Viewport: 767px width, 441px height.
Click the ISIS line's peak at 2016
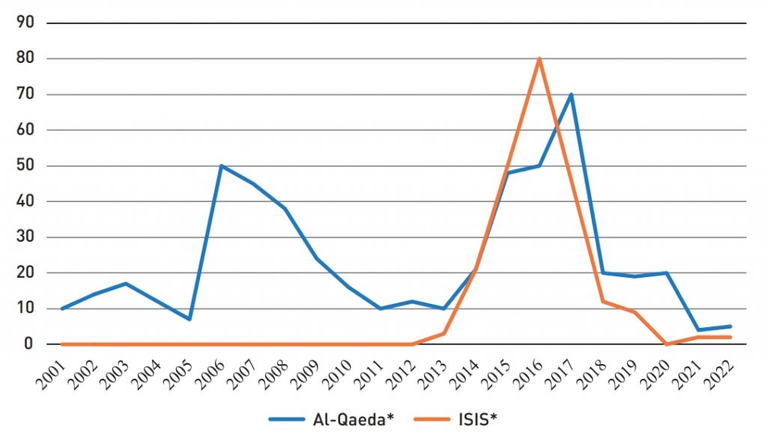tap(539, 58)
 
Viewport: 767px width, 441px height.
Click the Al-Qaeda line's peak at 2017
tap(572, 94)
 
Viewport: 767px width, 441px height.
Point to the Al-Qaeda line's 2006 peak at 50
tap(221, 165)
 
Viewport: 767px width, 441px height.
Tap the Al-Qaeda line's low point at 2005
tap(190, 319)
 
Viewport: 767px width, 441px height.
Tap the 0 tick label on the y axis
tap(28, 344)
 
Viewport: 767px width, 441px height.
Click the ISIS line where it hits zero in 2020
tap(667, 344)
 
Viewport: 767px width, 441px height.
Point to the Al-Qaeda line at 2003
tap(126, 284)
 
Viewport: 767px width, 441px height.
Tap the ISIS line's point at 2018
tap(603, 302)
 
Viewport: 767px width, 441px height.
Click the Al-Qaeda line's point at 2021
tap(698, 330)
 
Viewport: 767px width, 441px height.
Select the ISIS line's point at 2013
tap(444, 333)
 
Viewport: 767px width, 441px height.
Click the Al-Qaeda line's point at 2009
tap(317, 258)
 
